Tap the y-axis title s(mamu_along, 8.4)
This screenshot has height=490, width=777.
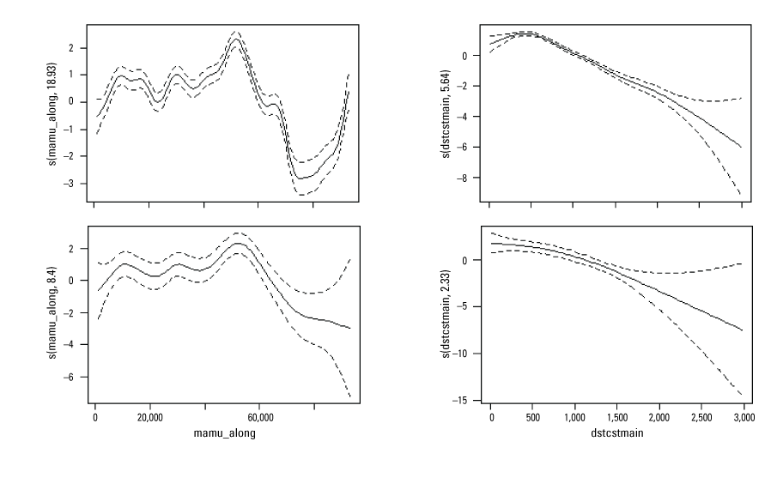point(55,314)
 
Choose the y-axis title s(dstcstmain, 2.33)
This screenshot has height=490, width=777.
point(448,314)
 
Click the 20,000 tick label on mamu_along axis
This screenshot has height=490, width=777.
point(150,417)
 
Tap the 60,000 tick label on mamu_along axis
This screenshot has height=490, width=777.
point(260,417)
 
